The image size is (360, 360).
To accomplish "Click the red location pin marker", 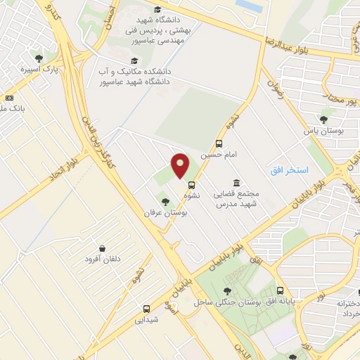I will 181,166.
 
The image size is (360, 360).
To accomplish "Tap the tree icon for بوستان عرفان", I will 165,202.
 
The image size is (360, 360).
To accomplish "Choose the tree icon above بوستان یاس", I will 323,120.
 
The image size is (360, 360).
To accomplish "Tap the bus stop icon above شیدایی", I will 146,309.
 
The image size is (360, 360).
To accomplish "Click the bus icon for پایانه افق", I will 281,290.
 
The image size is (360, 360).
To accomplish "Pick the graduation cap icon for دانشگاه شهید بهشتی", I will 158,10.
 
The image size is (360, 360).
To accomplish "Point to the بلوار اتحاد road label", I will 64,161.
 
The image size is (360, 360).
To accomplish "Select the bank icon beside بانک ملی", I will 9,98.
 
